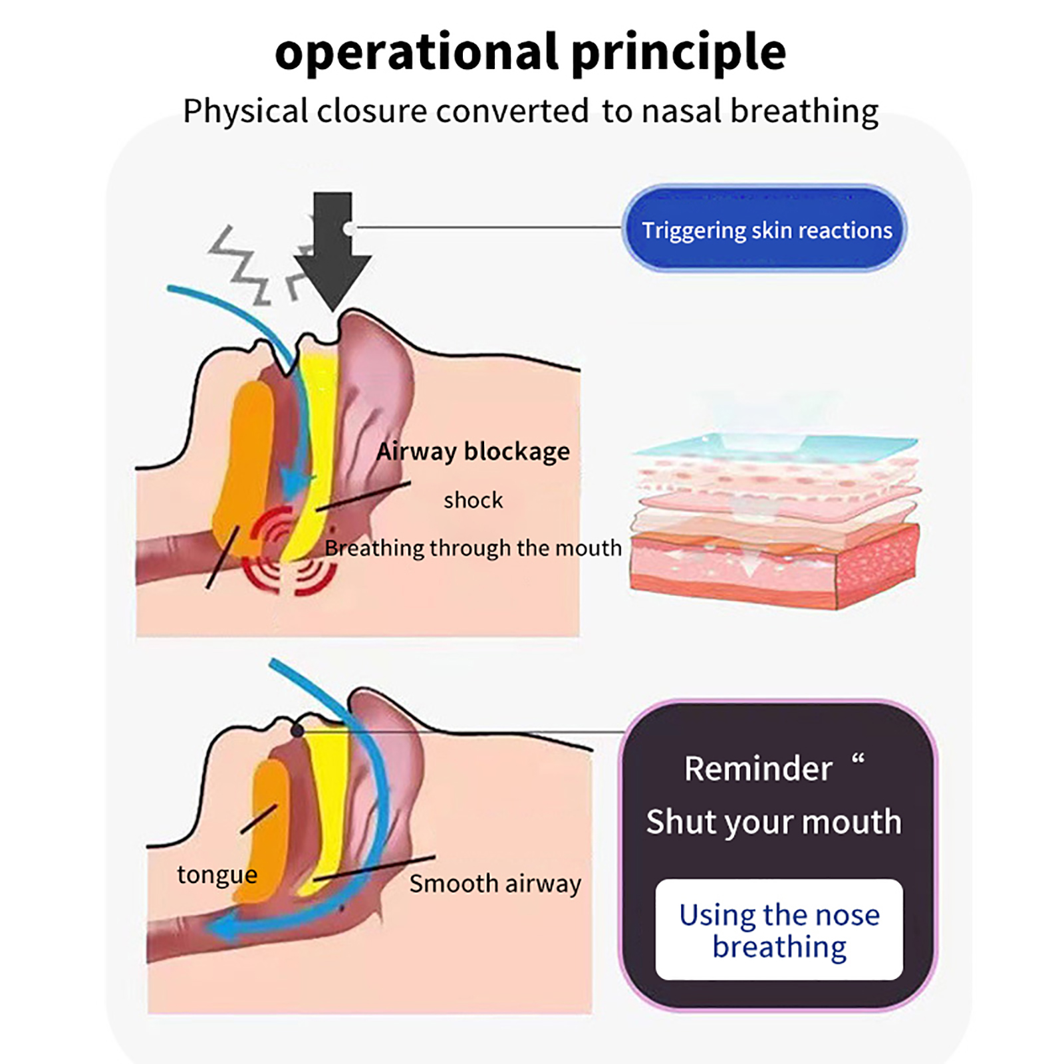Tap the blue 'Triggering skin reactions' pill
pos(765,229)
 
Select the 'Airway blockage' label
pos(473,452)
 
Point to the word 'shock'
pos(473,500)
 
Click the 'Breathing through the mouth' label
pos(473,548)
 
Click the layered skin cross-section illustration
pos(775,519)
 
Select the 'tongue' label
pos(217,874)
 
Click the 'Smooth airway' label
pos(495,884)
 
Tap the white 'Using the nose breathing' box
pos(779,930)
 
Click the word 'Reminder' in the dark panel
pos(758,769)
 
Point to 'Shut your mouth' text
pos(773,822)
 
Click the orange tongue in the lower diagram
pos(269,831)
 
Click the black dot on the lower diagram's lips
pos(297,731)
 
